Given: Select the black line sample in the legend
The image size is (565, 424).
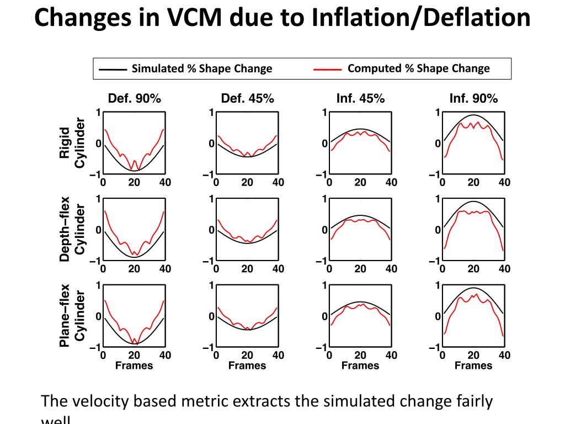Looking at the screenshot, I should [113, 70].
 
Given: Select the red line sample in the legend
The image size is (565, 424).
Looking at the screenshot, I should [327, 70].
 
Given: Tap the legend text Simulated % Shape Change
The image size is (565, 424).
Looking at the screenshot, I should [202, 69].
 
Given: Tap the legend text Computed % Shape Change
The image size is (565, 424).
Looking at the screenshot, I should [419, 68].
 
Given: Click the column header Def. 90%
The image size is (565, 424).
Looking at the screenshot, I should [135, 99].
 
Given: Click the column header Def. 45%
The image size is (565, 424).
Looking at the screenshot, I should [247, 99].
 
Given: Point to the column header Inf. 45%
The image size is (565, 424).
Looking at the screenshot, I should [360, 99].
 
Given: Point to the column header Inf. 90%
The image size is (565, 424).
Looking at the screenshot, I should [473, 99].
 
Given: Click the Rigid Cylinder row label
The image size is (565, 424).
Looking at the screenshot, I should [72, 143].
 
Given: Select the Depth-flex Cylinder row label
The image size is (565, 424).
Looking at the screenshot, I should [72, 229].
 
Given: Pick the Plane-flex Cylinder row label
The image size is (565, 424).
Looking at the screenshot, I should [72, 316].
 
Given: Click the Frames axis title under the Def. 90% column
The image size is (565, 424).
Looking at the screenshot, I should [134, 365].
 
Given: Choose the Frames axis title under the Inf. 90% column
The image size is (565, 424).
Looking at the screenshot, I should [473, 365].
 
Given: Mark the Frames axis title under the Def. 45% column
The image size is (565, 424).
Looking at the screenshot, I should [247, 365].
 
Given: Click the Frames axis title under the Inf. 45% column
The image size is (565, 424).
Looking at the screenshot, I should [360, 365].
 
